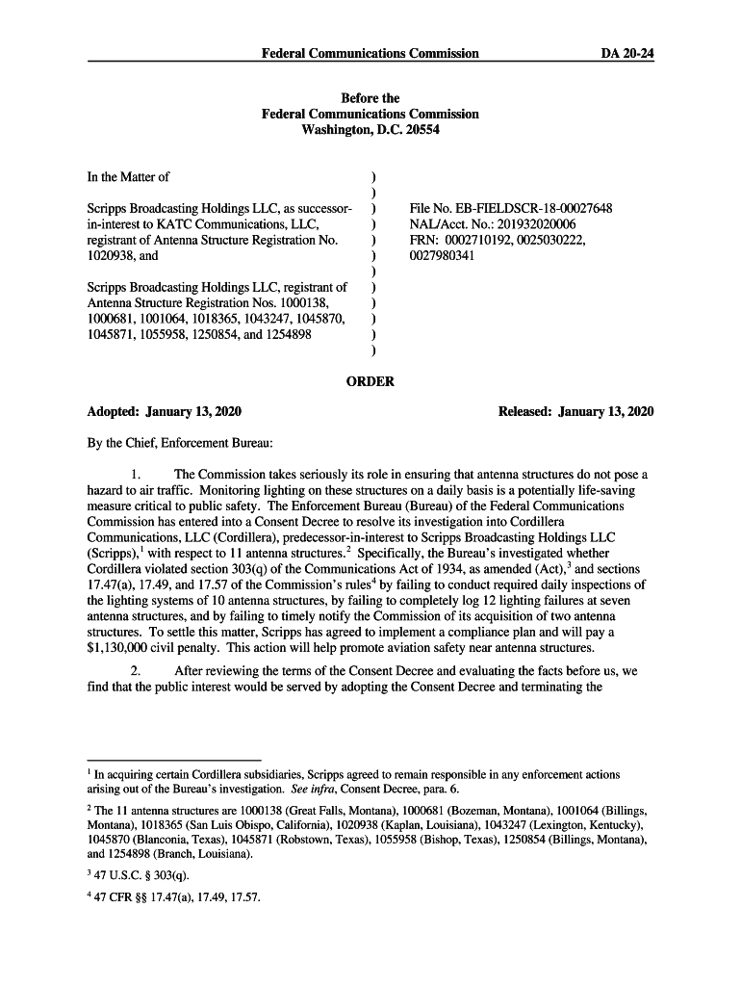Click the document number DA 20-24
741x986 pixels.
627,53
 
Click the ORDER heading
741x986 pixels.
370,381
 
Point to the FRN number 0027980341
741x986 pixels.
442,256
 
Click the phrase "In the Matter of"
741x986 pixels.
128,177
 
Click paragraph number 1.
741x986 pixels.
137,475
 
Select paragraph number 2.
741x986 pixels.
137,670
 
